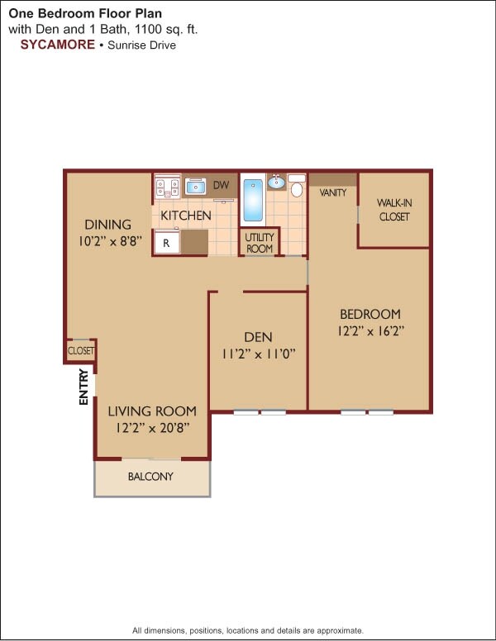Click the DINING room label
[107, 225]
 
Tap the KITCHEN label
[186, 216]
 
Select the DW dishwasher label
[221, 185]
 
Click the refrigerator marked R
[166, 243]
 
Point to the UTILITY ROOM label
[260, 243]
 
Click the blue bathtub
[253, 201]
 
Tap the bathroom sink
[276, 183]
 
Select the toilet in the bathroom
[296, 186]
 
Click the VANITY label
[332, 192]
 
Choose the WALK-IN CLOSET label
[394, 210]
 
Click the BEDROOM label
[370, 314]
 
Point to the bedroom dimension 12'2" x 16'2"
[370, 330]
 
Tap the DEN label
[258, 337]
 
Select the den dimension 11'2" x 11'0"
[258, 353]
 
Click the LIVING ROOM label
[152, 411]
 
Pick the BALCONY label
[150, 477]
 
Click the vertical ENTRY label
[83, 387]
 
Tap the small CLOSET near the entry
[81, 351]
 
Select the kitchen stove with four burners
[168, 188]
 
